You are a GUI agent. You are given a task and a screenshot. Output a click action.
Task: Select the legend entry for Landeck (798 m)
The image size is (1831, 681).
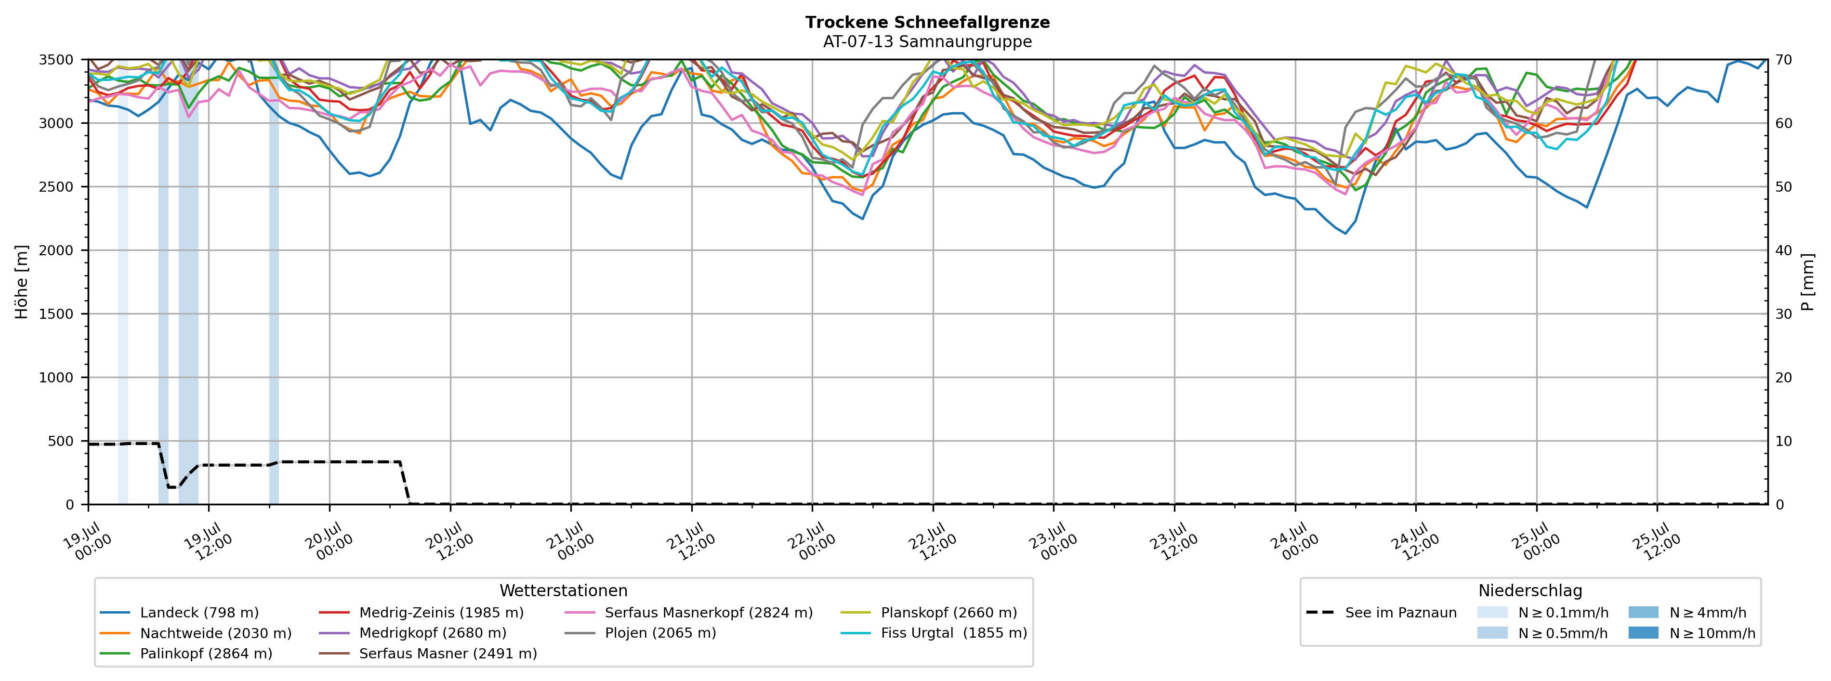tap(179, 613)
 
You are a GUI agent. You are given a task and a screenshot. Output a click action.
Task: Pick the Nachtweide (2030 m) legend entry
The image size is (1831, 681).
tap(196, 633)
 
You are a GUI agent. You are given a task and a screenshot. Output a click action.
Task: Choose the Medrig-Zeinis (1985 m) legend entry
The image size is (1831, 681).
tap(421, 613)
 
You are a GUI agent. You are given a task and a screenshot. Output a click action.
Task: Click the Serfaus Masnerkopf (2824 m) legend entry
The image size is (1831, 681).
tap(688, 613)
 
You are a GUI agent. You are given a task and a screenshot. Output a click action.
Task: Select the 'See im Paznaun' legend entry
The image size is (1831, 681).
tap(1381, 613)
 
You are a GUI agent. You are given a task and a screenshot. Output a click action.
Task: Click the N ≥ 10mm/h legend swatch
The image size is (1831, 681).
tap(1643, 633)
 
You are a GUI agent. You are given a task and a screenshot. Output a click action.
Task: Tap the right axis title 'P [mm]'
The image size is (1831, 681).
tap(1807, 282)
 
